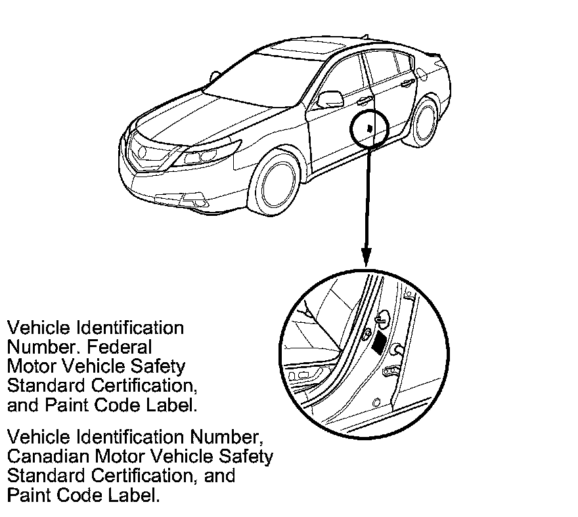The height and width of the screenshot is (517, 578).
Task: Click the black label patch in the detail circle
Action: [x=380, y=343]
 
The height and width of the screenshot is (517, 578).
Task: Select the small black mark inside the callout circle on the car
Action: [x=370, y=129]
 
